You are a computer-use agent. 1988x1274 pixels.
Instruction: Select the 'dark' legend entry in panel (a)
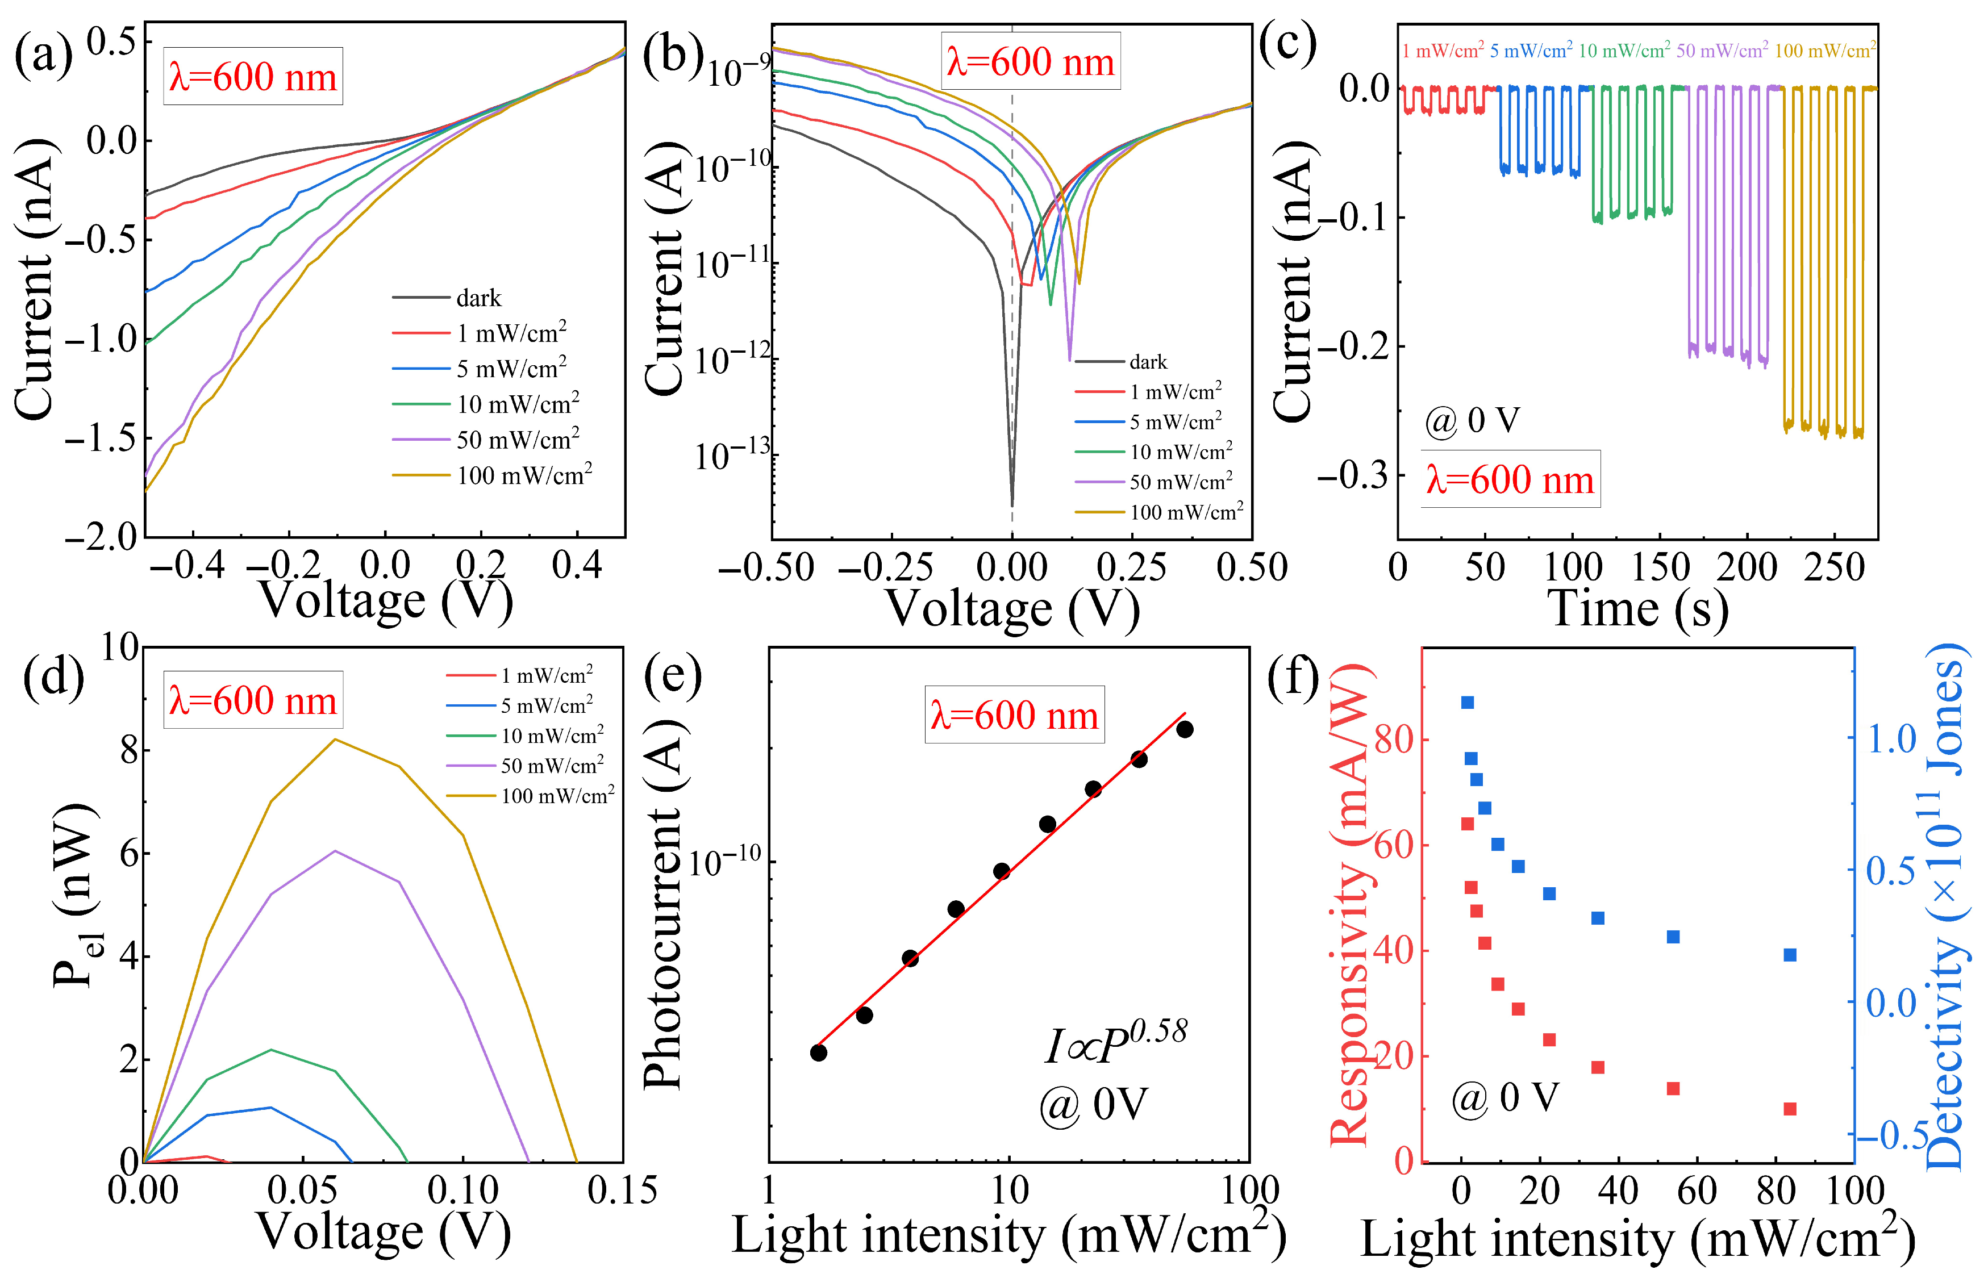click(x=478, y=298)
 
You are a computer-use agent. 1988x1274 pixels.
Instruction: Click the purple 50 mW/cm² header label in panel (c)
click(x=1722, y=51)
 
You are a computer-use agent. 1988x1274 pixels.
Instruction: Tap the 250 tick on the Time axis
click(x=1834, y=567)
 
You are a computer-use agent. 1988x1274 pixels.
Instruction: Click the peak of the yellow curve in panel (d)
click(x=335, y=739)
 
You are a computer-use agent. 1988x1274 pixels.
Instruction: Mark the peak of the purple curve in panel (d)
click(x=335, y=850)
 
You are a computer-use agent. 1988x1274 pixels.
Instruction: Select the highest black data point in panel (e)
click(x=1185, y=729)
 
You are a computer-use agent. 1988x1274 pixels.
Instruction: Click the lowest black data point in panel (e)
click(x=818, y=1052)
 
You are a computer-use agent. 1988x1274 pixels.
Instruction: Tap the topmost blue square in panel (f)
click(x=1468, y=703)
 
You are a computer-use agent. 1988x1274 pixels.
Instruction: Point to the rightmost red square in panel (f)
click(x=1790, y=1109)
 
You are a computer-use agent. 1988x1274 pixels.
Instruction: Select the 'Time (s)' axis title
click(x=1637, y=609)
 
